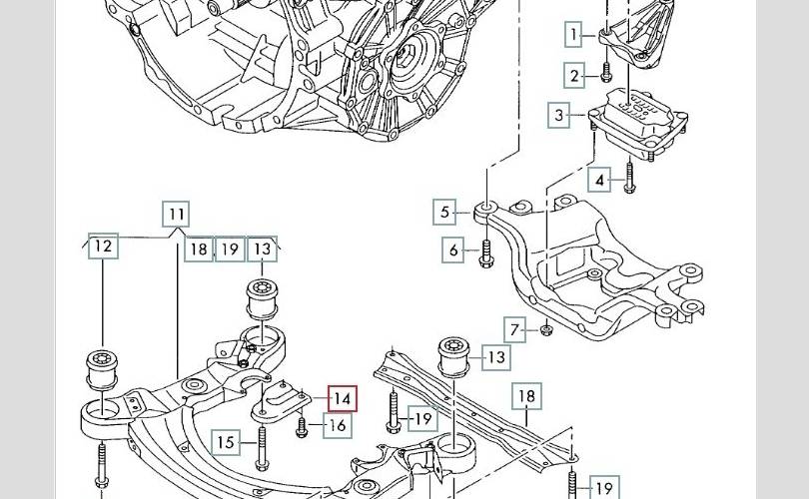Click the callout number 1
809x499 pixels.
[574, 36]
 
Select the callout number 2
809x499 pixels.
[574, 76]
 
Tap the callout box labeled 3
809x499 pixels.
[560, 115]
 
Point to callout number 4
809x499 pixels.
[599, 181]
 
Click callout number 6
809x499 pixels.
[454, 249]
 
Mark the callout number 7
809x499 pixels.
[515, 329]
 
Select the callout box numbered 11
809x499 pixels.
[176, 214]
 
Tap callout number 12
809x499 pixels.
[103, 246]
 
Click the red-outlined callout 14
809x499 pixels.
[342, 399]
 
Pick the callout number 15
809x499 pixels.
[227, 442]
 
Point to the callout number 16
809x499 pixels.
[338, 426]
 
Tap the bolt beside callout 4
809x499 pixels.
[629, 181]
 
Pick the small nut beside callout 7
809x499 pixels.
[546, 330]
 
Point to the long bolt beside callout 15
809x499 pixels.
[261, 444]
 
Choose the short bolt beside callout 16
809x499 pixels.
[303, 427]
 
